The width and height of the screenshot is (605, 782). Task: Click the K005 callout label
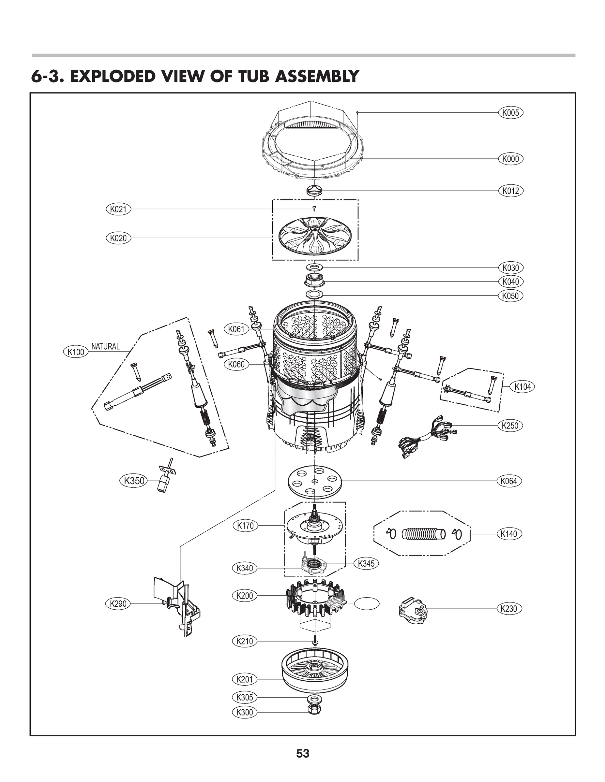pos(510,113)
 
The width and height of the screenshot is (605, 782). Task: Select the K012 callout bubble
pos(510,191)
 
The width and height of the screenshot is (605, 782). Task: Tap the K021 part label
pos(118,209)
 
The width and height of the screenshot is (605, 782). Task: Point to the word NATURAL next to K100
pos(105,346)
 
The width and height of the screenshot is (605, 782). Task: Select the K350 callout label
pos(134,481)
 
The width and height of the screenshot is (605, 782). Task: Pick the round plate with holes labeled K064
pos(315,481)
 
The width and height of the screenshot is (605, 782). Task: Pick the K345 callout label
pos(366,563)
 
